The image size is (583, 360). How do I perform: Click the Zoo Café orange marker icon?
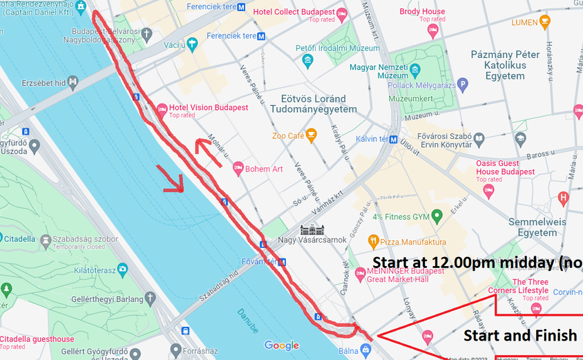[312, 135]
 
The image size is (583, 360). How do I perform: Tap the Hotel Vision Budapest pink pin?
[162, 109]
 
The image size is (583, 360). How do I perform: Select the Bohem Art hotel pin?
[238, 168]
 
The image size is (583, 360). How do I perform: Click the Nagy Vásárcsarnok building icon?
[309, 229]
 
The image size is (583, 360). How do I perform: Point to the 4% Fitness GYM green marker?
[436, 217]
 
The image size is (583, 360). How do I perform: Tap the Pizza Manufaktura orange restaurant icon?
[374, 242]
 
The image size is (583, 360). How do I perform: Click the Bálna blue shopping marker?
[365, 348]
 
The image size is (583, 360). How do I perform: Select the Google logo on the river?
[281, 345]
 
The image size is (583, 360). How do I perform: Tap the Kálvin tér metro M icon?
[393, 139]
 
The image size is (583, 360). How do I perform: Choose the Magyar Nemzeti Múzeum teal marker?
[414, 70]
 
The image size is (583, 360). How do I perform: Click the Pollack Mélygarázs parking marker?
[463, 84]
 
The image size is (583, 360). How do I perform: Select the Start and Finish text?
[519, 336]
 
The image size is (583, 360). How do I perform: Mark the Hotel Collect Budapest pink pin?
[341, 12]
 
